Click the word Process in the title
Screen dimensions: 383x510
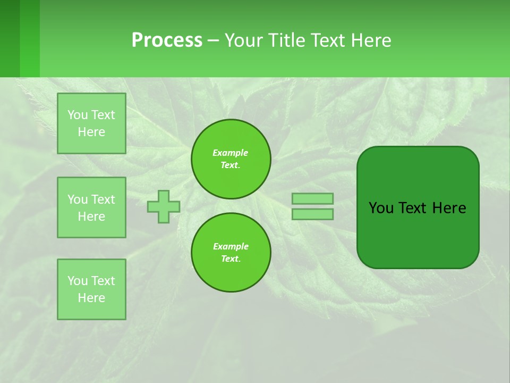coord(167,40)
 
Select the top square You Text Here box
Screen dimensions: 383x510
coord(91,123)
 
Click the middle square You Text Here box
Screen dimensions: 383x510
coord(91,207)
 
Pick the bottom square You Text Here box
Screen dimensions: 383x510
coord(91,289)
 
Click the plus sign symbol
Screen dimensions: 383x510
coord(164,206)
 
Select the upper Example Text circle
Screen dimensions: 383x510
coord(231,159)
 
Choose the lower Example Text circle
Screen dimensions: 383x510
coord(231,253)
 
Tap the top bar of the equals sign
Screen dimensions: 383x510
coord(312,198)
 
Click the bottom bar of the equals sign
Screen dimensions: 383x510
coord(312,214)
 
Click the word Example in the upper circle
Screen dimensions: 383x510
coord(231,153)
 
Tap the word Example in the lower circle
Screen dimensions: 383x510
coord(231,246)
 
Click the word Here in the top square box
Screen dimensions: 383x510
coord(91,132)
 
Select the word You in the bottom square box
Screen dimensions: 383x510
coord(78,281)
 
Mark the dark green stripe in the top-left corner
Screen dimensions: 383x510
coord(10,38)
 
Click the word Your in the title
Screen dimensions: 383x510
coord(243,40)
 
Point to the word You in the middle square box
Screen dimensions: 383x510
coord(78,199)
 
